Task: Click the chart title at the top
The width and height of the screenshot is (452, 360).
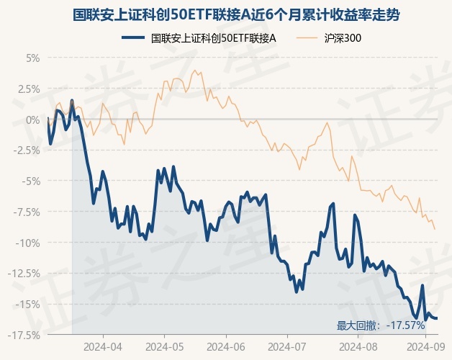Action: (225, 14)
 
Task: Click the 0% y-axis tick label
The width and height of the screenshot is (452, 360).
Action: (33, 120)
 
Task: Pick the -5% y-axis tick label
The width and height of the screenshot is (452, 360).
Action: (31, 181)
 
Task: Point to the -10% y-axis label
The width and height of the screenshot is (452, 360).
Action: (29, 243)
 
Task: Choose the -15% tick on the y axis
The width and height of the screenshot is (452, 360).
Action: (29, 305)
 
